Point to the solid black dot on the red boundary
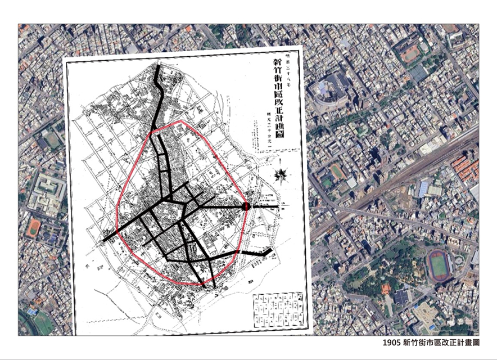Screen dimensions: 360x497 tap(246, 208)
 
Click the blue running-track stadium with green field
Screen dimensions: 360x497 tap(439, 265)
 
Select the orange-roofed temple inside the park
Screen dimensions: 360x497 tap(386, 289)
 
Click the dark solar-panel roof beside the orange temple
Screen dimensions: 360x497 tap(401, 296)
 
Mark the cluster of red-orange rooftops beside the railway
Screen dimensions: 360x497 tap(464, 168)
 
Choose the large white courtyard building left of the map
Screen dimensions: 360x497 tap(46, 191)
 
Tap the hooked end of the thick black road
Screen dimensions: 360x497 tap(269, 251)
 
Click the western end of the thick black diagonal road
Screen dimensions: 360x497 tap(105, 241)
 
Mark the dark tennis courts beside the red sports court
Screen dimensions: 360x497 tap(418, 73)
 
